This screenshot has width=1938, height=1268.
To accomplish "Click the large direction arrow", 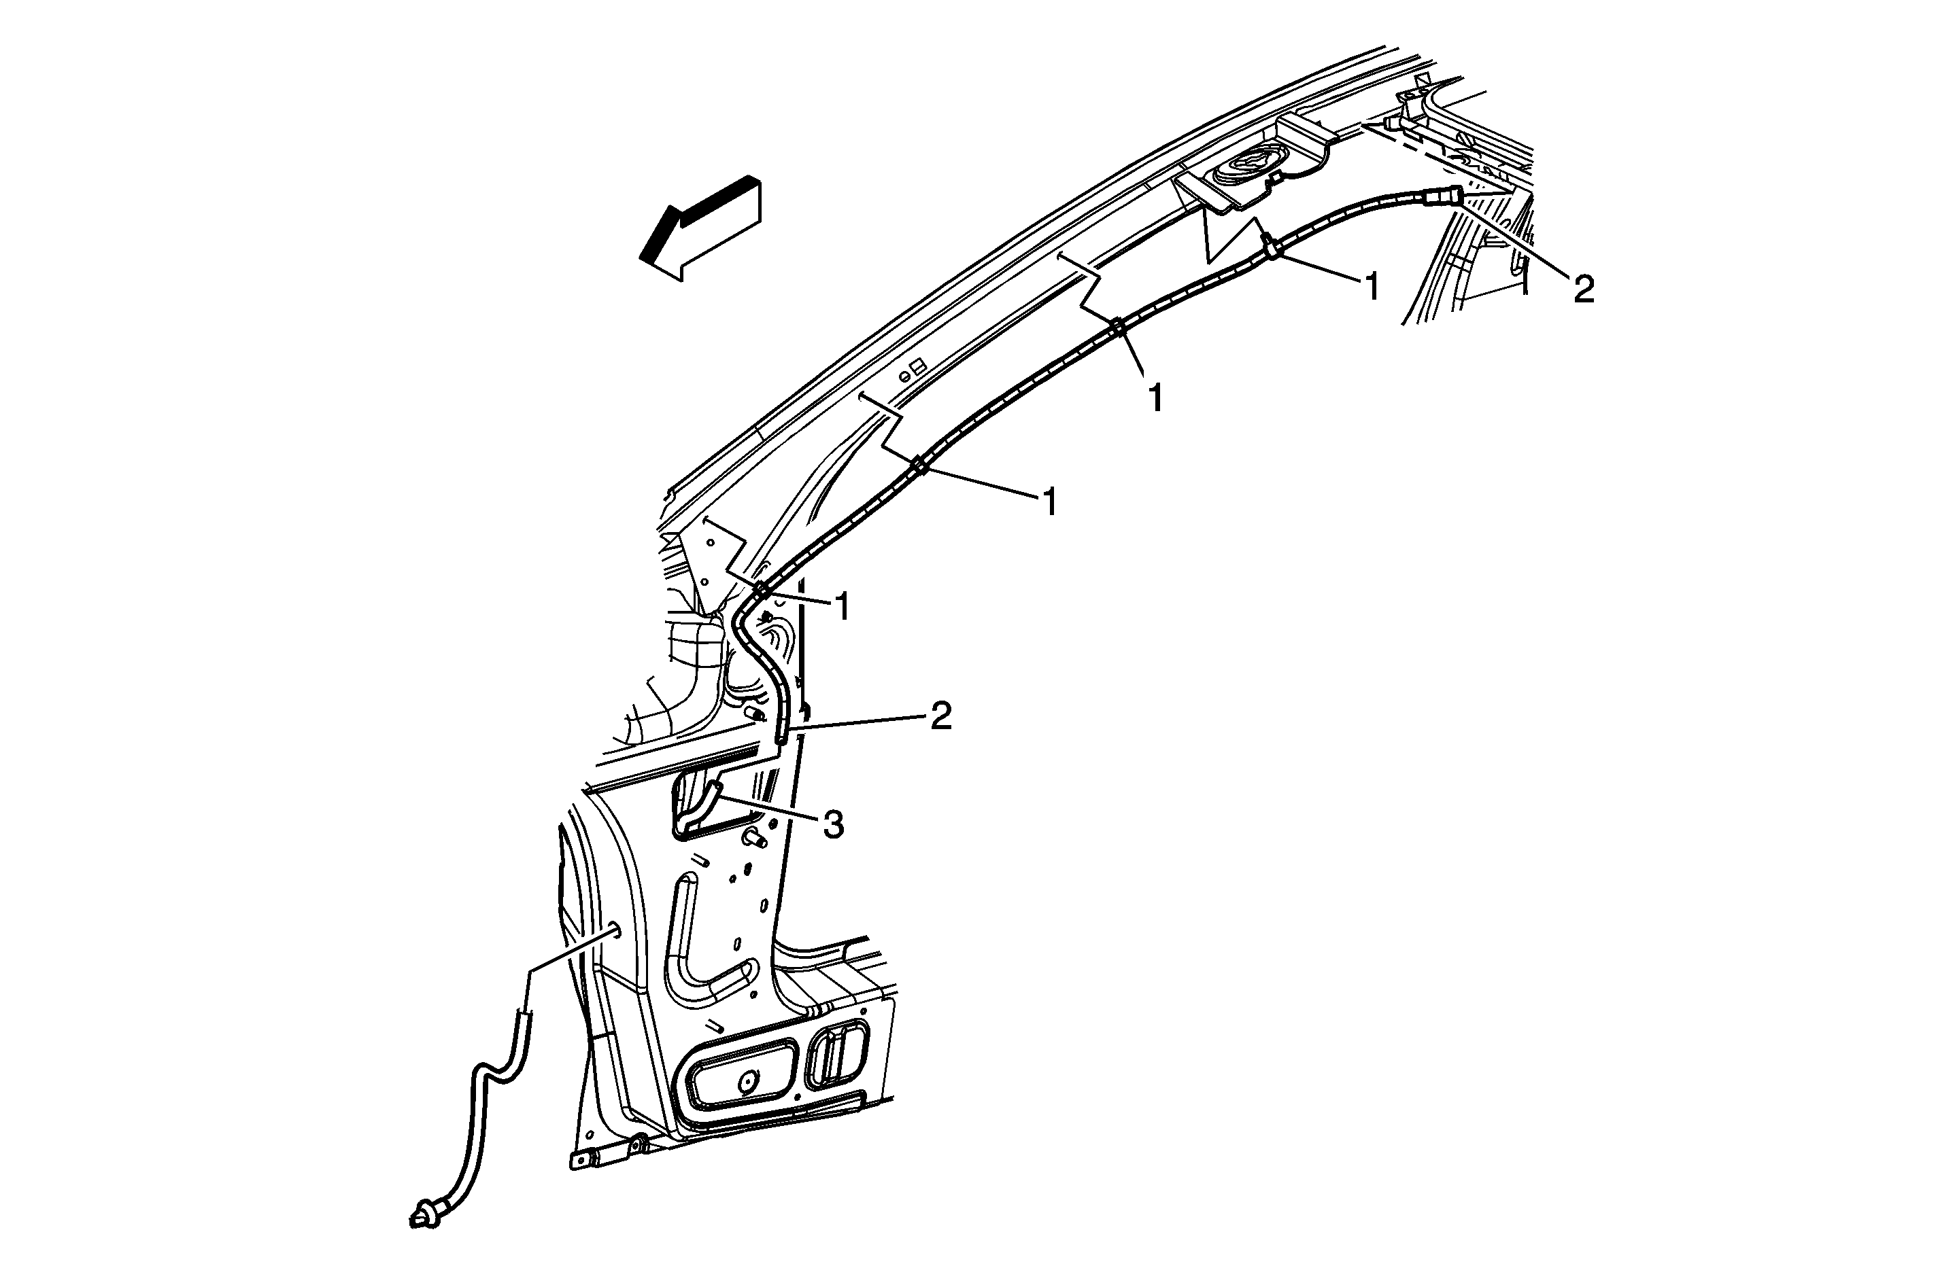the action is point(700,228).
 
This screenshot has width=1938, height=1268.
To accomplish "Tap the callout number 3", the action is point(832,825).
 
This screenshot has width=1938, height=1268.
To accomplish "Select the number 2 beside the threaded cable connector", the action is point(1583,289).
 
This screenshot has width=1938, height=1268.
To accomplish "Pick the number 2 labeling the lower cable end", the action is point(940,717).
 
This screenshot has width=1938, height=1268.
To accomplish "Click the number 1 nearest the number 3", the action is point(843,607).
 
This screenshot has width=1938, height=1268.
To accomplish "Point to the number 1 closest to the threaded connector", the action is point(1373,287).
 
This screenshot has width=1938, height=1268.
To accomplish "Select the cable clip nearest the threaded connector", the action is point(1271,248).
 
